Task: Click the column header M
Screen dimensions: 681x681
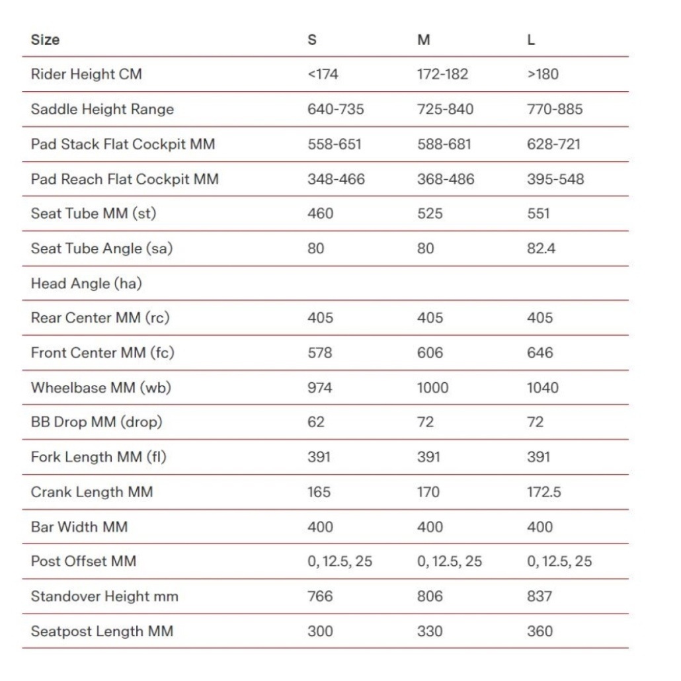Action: click(424, 40)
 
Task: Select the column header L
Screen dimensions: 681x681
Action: click(531, 40)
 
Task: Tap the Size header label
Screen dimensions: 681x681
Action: click(45, 40)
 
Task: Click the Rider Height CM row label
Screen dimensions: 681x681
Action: click(86, 74)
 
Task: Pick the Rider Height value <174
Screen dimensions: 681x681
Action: click(323, 74)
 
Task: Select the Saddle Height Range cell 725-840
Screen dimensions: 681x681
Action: click(445, 109)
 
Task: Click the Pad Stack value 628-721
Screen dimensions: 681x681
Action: click(553, 143)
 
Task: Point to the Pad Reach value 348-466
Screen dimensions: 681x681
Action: click(336, 179)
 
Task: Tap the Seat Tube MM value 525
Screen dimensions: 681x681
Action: click(430, 214)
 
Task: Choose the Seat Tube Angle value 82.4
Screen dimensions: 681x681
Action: click(541, 249)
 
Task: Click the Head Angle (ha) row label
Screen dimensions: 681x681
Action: click(86, 284)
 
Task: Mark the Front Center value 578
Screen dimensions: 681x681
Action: click(320, 353)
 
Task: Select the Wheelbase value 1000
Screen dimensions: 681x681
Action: click(432, 387)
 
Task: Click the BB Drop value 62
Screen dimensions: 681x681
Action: click(316, 422)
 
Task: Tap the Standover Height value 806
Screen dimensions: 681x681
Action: click(430, 596)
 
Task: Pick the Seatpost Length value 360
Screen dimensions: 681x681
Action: click(540, 631)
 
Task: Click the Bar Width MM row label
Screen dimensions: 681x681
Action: click(79, 527)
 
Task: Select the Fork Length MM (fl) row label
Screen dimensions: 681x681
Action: click(98, 457)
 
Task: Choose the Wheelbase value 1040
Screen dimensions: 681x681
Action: click(542, 387)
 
